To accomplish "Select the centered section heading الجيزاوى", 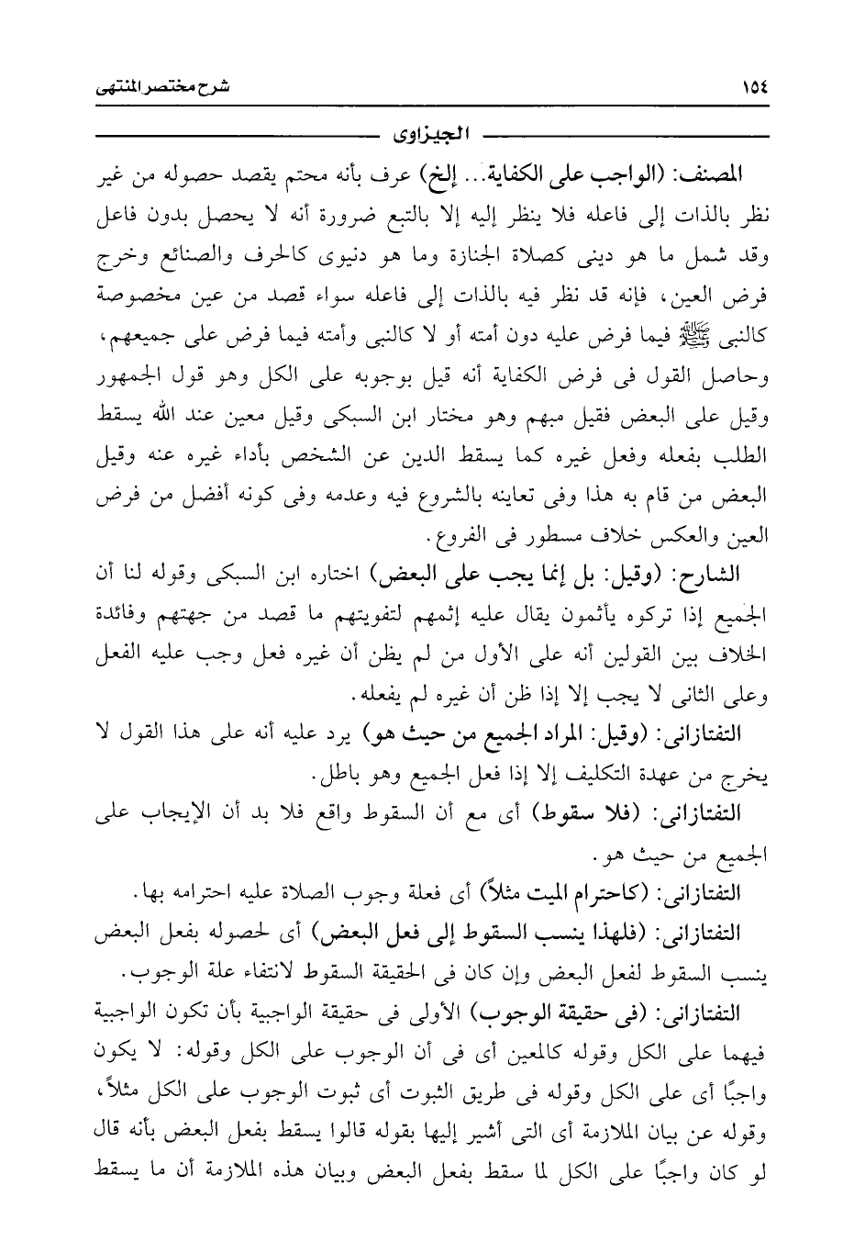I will coord(429,138).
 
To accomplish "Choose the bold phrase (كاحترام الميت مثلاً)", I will coord(568,891).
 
